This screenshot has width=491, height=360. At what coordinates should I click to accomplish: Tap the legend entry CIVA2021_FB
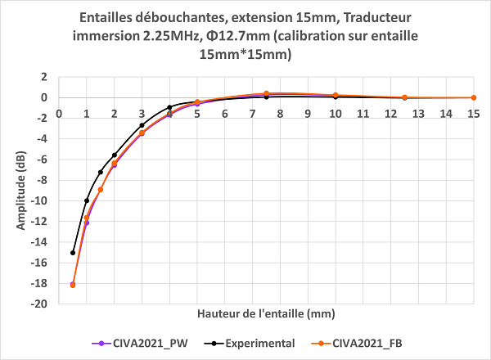coord(386,343)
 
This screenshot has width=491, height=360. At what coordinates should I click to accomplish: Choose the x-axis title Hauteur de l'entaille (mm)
coord(267,314)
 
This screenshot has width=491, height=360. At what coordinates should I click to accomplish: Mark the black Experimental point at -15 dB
coord(73,252)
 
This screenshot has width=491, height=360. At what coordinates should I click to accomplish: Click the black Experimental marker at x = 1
coord(87,200)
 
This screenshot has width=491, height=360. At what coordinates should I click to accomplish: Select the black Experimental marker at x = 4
coord(169,107)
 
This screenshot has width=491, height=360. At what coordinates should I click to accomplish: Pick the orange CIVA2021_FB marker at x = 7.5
coord(266,93)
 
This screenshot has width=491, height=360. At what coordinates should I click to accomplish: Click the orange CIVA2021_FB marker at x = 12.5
coord(404,97)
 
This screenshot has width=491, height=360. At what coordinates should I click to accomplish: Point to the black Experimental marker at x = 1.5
coord(101,172)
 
